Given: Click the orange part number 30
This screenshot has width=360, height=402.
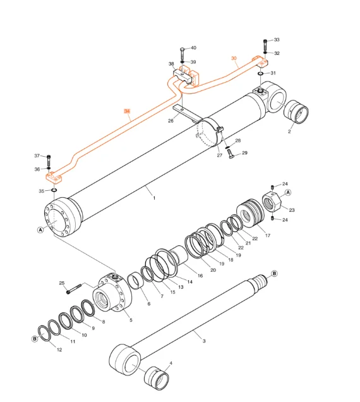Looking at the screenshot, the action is (x=234, y=58).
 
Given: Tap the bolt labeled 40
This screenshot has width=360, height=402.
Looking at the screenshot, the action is (x=182, y=53).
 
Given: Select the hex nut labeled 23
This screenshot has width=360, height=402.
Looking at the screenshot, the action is (x=272, y=202).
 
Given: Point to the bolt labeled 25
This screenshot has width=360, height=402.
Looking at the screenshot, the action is (x=74, y=289).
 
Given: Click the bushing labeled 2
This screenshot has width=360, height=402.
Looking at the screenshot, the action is (x=296, y=112).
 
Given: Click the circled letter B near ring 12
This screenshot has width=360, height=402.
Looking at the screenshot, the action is (x=35, y=339).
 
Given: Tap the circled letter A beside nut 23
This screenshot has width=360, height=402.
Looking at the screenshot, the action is (x=288, y=192).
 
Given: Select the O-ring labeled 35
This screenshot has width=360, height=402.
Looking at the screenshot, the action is (x=54, y=190).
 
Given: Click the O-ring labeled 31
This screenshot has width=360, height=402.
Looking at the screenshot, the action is (x=261, y=74).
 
